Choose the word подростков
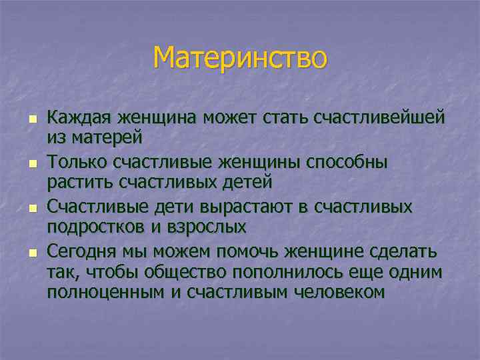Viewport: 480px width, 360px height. (x=91, y=226)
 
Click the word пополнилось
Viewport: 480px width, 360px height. (x=272, y=272)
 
